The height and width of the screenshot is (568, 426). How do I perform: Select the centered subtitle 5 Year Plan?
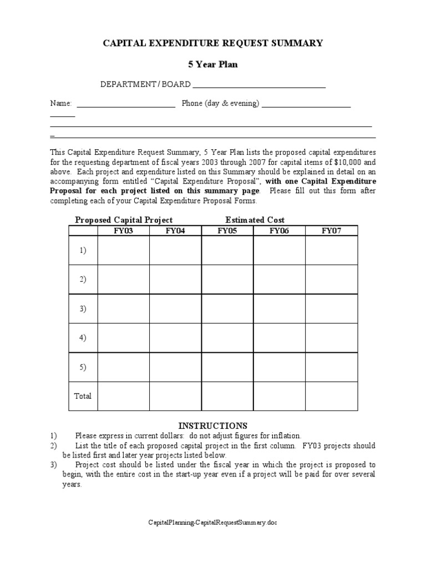coord(212,64)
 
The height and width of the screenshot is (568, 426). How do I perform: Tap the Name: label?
coord(61,104)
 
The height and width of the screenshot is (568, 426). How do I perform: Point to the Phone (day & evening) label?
coord(220,104)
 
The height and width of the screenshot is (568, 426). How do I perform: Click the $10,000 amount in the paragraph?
coord(347,163)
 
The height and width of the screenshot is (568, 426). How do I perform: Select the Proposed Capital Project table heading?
coord(124,220)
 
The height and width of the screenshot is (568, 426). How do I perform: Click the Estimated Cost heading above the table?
coord(255,220)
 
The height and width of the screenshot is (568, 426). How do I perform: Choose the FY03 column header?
coord(123,231)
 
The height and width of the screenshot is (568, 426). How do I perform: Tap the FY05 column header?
coord(227,231)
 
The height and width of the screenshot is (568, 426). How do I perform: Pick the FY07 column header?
coord(331,231)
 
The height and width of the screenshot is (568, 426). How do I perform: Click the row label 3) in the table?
coord(83,309)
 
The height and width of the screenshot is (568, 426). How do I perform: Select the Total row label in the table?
coord(83,396)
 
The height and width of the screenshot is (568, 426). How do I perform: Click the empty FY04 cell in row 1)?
coord(175,251)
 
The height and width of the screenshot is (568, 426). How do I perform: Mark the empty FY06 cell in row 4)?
coord(279,338)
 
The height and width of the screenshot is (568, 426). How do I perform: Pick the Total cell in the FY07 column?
coord(331,396)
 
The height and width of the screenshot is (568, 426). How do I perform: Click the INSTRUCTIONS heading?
coord(213,425)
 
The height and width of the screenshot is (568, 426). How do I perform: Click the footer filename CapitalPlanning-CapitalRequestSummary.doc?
coord(212,523)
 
